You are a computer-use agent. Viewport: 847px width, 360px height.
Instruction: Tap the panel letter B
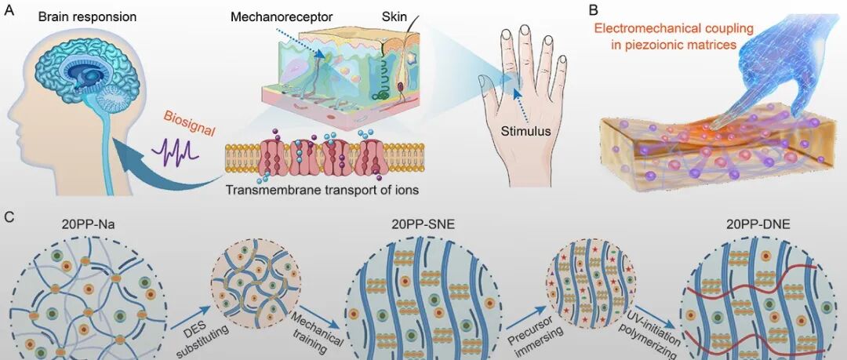(593, 10)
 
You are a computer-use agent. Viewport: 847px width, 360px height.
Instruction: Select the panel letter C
(8, 213)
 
